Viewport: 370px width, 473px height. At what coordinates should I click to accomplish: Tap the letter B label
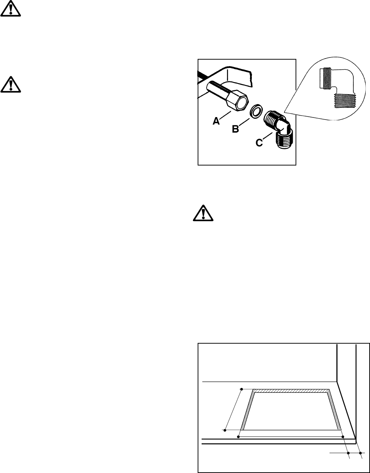pyautogui.click(x=235, y=129)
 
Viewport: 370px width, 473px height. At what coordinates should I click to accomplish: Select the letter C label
pyautogui.click(x=259, y=143)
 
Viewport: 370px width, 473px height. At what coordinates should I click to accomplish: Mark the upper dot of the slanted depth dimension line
pyautogui.click(x=241, y=389)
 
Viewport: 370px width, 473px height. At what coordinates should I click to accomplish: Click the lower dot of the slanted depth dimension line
pyautogui.click(x=225, y=430)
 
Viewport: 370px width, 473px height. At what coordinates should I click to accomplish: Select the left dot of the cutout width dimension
pyautogui.click(x=238, y=437)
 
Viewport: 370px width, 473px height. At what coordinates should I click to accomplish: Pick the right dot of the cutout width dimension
pyautogui.click(x=343, y=437)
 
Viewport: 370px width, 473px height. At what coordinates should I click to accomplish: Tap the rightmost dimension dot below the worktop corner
pyautogui.click(x=360, y=452)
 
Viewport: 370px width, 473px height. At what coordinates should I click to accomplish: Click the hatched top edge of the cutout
pyautogui.click(x=291, y=391)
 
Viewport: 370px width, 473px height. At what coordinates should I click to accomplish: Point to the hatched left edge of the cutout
pyautogui.click(x=247, y=410)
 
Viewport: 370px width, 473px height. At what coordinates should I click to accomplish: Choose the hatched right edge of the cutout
pyautogui.click(x=335, y=410)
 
